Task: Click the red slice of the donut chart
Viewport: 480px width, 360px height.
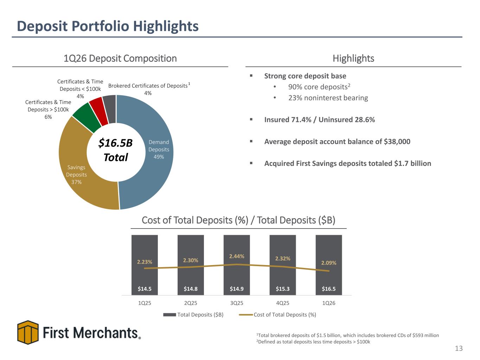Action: click(x=99, y=111)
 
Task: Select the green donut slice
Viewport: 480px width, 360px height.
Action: click(x=87, y=118)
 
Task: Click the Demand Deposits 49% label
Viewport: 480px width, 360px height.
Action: click(x=159, y=149)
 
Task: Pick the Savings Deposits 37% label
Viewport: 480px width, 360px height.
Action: click(x=76, y=174)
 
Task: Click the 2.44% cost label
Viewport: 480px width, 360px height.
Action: click(x=237, y=256)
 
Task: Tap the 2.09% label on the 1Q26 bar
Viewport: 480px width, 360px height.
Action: click(x=329, y=263)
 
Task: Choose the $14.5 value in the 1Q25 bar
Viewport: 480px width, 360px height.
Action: click(x=145, y=289)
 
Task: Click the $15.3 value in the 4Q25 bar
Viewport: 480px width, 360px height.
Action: click(x=282, y=289)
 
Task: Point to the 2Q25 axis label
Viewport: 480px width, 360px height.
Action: click(x=191, y=303)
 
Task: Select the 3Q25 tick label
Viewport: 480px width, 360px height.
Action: click(x=237, y=303)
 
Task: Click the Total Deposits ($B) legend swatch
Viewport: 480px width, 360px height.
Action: click(x=169, y=315)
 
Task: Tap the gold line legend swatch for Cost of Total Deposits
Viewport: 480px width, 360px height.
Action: click(x=246, y=315)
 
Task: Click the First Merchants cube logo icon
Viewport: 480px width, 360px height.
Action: click(x=28, y=332)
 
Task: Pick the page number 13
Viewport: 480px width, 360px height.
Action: click(x=459, y=348)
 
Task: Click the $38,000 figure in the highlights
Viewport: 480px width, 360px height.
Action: click(x=397, y=141)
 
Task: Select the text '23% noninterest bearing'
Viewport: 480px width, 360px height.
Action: click(x=328, y=98)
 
